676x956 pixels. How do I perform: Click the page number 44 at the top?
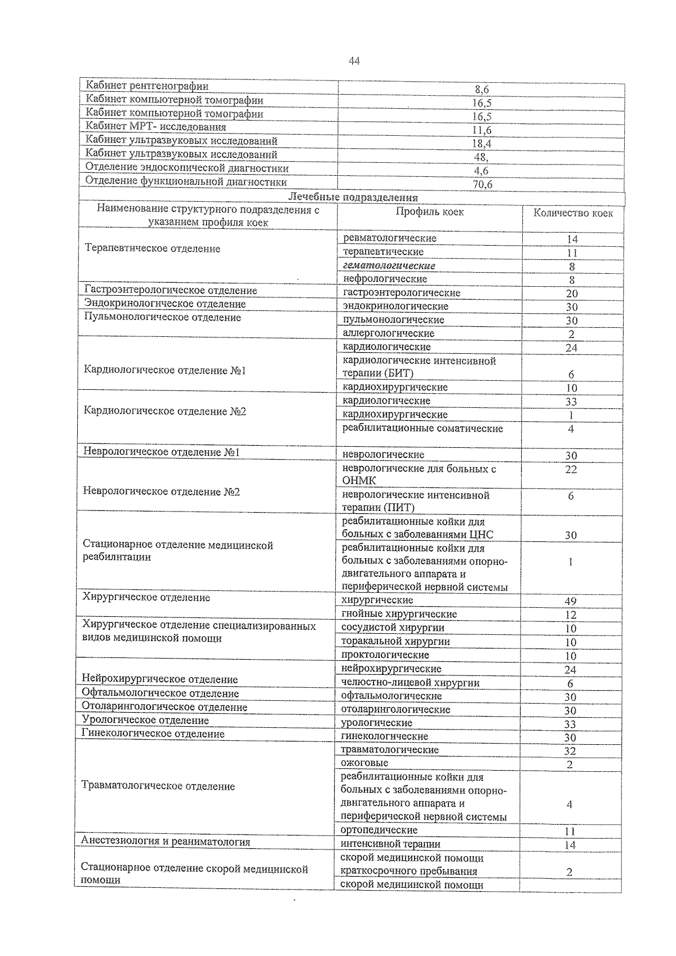[x=354, y=61]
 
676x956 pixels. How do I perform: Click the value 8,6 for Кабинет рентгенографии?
[x=481, y=89]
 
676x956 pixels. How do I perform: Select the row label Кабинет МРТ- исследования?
[x=155, y=127]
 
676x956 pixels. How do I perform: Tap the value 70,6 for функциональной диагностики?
[x=482, y=184]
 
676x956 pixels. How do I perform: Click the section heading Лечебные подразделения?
[x=353, y=197]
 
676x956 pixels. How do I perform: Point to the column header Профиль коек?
[x=429, y=212]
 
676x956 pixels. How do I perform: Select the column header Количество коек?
[x=573, y=213]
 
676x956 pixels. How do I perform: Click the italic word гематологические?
[x=389, y=265]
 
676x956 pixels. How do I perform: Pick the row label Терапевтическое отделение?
[x=152, y=248]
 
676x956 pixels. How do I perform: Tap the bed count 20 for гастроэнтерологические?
[x=571, y=294]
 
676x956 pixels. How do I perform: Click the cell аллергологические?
[x=389, y=333]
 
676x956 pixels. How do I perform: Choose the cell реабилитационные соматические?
[x=422, y=428]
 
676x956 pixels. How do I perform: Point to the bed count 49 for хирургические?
[x=571, y=601]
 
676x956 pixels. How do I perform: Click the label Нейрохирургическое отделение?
[x=160, y=679]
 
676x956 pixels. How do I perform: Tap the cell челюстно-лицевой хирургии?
[x=411, y=683]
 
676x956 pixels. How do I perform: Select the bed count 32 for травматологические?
[x=570, y=751]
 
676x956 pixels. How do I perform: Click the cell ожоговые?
[x=364, y=763]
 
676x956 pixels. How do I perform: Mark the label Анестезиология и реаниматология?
[x=166, y=842]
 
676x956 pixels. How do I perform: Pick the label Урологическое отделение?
[x=145, y=720]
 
